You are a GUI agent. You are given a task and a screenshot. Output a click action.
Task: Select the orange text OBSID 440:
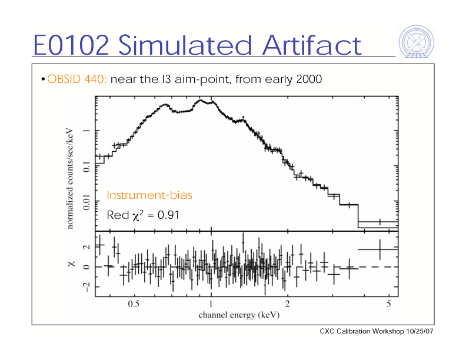tap(76, 79)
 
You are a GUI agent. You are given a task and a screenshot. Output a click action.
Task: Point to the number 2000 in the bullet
tap(309, 79)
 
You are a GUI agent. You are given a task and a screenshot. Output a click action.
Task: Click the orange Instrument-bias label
tap(149, 195)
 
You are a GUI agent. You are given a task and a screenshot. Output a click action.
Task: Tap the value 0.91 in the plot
tap(167, 216)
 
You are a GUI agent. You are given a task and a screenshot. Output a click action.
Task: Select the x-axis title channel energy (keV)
tap(238, 315)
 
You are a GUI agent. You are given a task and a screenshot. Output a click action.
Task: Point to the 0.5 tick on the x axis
tap(134, 304)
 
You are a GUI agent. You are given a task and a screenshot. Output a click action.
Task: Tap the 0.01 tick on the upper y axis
tap(86, 204)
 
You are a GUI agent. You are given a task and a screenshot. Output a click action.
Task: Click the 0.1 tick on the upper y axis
tap(86, 167)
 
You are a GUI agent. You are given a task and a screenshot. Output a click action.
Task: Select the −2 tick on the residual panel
tap(86, 286)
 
